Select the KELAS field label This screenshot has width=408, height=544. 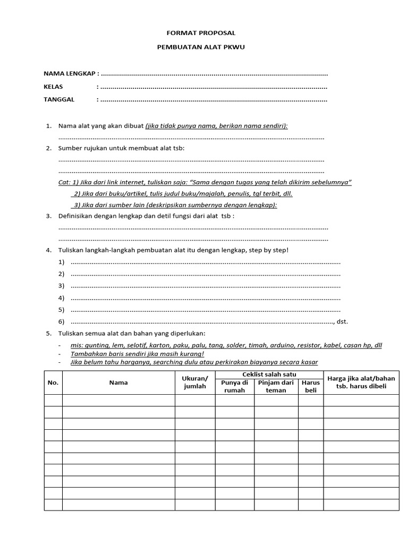53,86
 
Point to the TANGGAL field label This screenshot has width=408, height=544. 59,99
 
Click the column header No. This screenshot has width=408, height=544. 53,382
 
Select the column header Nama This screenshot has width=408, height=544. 118,382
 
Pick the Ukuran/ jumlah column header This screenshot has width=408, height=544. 194,382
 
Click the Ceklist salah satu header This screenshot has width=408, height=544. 269,375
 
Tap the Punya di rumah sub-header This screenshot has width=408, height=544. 235,386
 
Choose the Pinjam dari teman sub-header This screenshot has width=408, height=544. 276,386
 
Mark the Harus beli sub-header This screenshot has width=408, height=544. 310,386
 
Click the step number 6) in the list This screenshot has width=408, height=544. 61,321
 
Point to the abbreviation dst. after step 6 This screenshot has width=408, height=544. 343,321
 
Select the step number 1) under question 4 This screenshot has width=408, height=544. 61,262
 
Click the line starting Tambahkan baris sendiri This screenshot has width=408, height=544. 138,354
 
